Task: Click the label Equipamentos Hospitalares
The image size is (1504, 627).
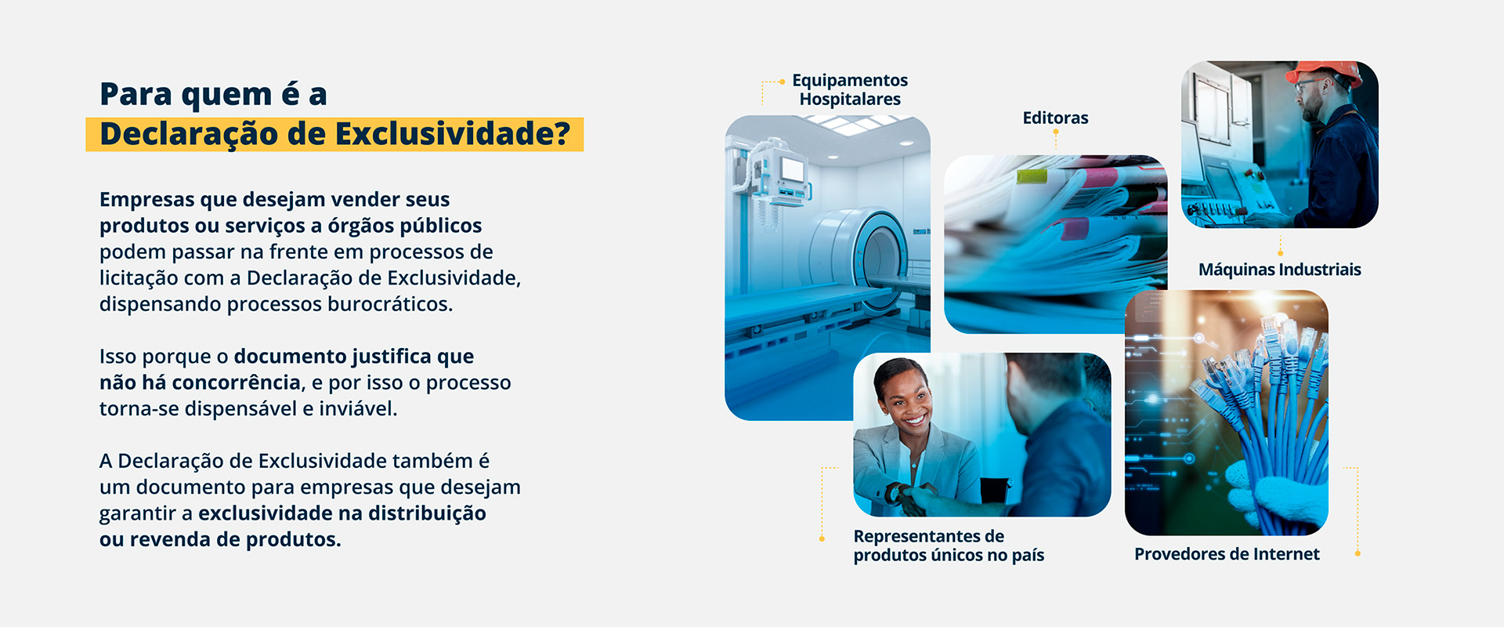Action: [x=850, y=89]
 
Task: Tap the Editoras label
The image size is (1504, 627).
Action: [x=1055, y=118]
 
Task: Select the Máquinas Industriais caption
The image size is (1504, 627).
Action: [x=1280, y=270]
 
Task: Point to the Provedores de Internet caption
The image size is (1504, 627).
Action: [x=1227, y=554]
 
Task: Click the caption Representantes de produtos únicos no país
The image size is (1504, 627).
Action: [x=949, y=545]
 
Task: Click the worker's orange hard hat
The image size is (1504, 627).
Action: [x=1323, y=71]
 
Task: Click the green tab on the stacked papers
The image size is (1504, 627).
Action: [x=1032, y=176]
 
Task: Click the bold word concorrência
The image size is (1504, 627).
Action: [x=236, y=382]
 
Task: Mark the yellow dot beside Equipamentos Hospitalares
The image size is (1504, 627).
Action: [x=782, y=82]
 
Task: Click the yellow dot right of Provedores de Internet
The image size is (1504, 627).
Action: [x=1358, y=553]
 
